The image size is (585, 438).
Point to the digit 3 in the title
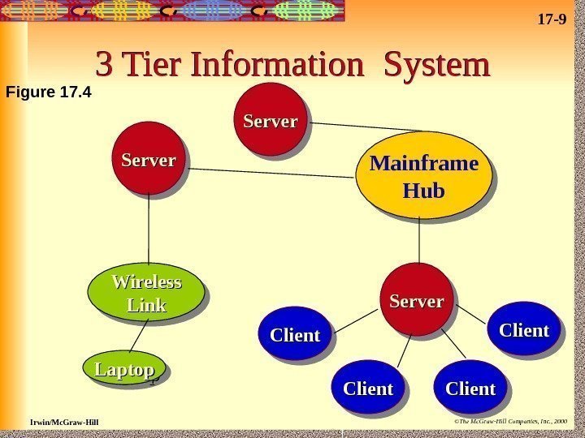pos(105,66)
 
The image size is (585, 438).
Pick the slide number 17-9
pos(552,16)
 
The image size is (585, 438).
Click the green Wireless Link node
pos(146,292)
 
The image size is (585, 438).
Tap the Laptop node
pos(124,369)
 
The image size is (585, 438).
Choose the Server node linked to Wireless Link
pos(149,160)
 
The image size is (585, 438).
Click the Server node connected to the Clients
pos(416,300)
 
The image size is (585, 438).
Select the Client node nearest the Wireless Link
pos(295,333)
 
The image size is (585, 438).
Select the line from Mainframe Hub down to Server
pos(419,240)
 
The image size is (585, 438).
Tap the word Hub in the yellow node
pos(424,191)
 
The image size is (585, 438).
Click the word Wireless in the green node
pos(146,282)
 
